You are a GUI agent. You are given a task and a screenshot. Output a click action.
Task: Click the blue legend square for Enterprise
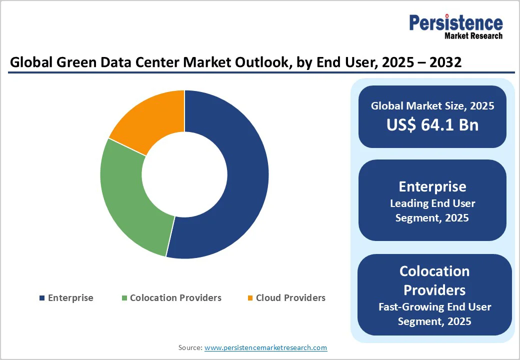click(42, 298)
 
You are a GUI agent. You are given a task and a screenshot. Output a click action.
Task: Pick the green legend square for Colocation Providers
click(124, 298)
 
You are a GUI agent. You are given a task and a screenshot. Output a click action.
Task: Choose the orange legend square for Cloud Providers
click(250, 298)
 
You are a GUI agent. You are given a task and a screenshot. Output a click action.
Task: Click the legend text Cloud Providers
click(290, 298)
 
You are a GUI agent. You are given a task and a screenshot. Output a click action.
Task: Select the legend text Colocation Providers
click(175, 298)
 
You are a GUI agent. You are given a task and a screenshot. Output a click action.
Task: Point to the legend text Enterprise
click(70, 298)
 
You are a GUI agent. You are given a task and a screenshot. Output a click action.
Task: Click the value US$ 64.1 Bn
click(432, 125)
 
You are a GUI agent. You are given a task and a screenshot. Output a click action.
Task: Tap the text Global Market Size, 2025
click(432, 106)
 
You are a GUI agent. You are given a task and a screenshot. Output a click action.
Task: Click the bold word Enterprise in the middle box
click(432, 186)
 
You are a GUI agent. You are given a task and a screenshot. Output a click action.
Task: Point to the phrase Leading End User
click(432, 203)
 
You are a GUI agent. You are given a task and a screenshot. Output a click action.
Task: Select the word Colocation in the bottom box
click(434, 271)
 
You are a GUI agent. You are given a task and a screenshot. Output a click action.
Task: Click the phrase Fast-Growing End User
click(434, 307)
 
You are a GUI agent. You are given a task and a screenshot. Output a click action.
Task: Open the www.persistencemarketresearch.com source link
click(265, 347)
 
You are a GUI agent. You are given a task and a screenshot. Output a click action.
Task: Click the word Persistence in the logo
click(456, 22)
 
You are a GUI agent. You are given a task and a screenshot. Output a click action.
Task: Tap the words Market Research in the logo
click(473, 36)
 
